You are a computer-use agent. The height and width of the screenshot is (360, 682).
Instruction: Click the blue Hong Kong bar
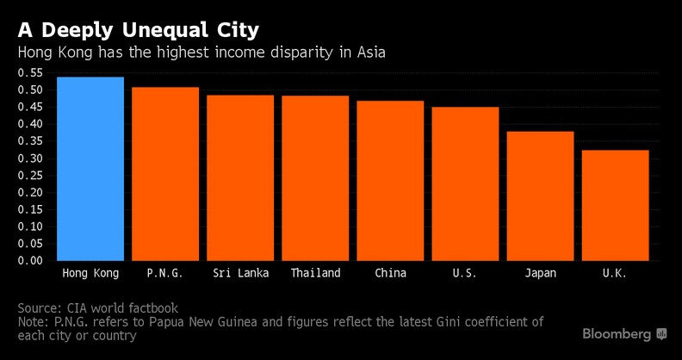tap(90, 169)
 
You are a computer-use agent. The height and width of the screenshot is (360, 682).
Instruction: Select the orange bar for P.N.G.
tap(165, 174)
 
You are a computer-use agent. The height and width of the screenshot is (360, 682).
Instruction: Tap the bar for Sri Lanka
tap(240, 177)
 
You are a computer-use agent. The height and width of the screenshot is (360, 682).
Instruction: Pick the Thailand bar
tap(315, 178)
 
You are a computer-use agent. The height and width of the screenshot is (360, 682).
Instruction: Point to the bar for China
tap(390, 181)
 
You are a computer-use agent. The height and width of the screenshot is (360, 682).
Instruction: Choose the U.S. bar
tap(465, 183)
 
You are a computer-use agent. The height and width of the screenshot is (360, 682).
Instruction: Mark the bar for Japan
tap(540, 196)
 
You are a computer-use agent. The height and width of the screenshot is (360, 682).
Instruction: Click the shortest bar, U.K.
tap(615, 205)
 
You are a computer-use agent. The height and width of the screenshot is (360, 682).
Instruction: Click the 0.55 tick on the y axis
tap(31, 73)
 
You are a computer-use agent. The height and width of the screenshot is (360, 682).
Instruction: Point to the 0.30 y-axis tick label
tap(31, 158)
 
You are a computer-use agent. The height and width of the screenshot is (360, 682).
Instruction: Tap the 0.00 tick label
tap(31, 260)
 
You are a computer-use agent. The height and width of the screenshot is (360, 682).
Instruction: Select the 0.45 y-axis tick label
tap(31, 108)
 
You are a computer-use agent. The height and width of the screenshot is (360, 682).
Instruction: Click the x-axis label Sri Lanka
tap(240, 274)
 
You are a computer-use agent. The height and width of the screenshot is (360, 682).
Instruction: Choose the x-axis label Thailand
tap(315, 274)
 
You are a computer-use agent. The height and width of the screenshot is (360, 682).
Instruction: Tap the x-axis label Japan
tap(540, 274)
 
